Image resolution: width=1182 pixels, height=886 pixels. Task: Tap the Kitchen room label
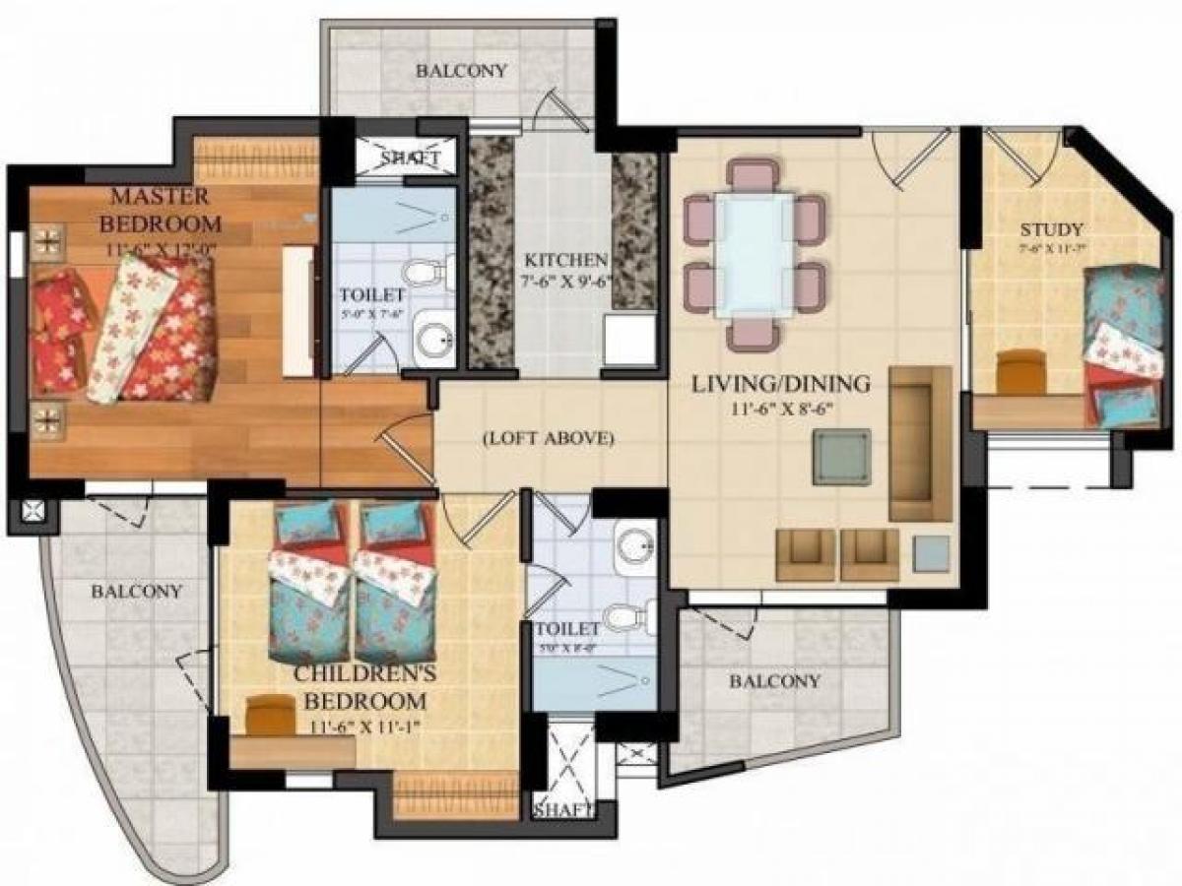564,261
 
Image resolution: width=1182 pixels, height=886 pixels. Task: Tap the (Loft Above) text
549,438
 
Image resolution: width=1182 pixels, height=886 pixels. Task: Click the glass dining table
755,254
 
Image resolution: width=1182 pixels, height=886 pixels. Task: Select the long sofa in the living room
920,443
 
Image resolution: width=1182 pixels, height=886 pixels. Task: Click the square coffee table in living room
841,457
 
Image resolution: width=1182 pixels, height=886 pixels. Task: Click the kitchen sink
629,340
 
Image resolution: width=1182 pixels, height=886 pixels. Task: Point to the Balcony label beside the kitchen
461,71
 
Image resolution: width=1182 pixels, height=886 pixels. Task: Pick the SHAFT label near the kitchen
405,158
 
